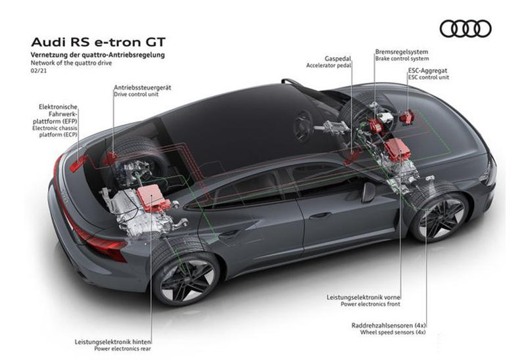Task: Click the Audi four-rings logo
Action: (x=466, y=28)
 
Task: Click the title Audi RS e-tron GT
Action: (x=98, y=42)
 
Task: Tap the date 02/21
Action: (x=39, y=71)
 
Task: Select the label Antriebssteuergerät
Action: (x=143, y=87)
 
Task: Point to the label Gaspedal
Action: (x=337, y=58)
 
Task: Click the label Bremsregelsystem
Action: (x=402, y=52)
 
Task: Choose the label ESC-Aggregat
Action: (x=428, y=71)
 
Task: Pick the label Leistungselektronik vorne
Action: (x=364, y=298)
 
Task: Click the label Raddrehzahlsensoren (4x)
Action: (x=389, y=325)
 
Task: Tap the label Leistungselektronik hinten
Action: (x=112, y=342)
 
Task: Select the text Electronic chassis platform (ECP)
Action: (x=55, y=131)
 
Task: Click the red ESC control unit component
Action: (x=408, y=117)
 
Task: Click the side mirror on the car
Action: (x=368, y=192)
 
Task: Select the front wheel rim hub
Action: (x=440, y=218)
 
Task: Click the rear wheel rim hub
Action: (x=188, y=281)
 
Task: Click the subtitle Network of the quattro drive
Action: (x=71, y=62)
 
